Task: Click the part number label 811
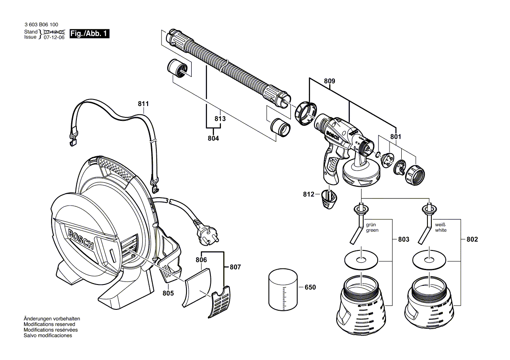(x=143, y=104)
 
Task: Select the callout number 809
(x=330, y=81)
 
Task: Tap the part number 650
(x=310, y=287)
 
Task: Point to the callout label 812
(x=309, y=195)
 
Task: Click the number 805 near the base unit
(x=168, y=293)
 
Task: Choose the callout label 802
(x=472, y=239)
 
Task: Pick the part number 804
(x=213, y=138)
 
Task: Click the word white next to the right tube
(x=441, y=230)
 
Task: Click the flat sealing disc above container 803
(x=361, y=261)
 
